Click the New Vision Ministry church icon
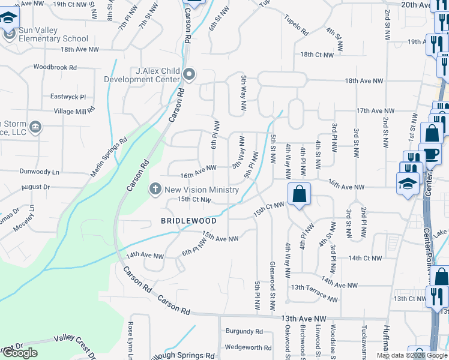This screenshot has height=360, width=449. tap(155, 189)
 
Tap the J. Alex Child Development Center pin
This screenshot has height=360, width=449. tap(190, 75)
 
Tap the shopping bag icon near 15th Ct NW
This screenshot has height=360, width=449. tap(299, 194)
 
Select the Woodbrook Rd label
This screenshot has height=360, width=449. tap(55, 68)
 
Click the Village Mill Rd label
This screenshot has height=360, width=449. tap(74, 110)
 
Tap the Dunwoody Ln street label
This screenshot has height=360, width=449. tap(39, 172)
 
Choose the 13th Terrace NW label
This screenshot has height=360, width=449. tap(314, 293)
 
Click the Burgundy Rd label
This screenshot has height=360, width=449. tap(244, 331)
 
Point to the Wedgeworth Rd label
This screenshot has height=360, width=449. tap(244, 347)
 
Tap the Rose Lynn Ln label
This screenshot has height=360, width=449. tap(130, 340)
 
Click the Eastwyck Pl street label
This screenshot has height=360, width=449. tap(68, 96)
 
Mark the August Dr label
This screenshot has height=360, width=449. tap(35, 187)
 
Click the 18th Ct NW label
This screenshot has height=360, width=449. tap(317, 55)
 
